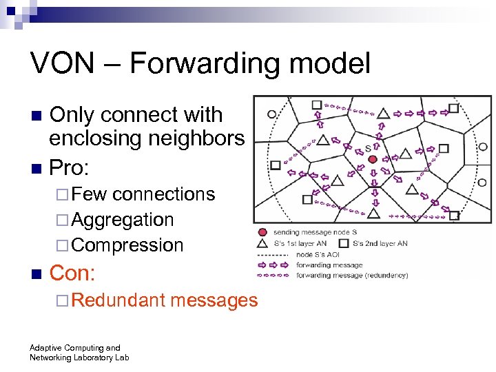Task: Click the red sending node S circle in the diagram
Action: click(x=373, y=159)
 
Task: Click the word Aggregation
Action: click(x=122, y=220)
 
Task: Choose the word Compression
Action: click(x=127, y=245)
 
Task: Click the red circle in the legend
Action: click(x=262, y=232)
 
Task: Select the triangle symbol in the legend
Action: click(x=262, y=242)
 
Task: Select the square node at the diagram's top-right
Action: click(x=453, y=108)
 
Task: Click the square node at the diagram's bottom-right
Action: click(x=454, y=216)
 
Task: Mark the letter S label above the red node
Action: click(x=368, y=148)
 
